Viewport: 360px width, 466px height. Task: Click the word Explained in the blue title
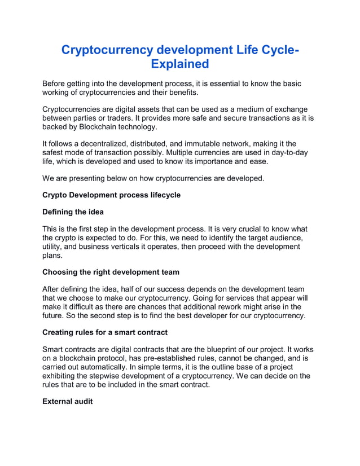click(180, 63)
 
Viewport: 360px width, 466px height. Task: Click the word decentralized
click(117, 144)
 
